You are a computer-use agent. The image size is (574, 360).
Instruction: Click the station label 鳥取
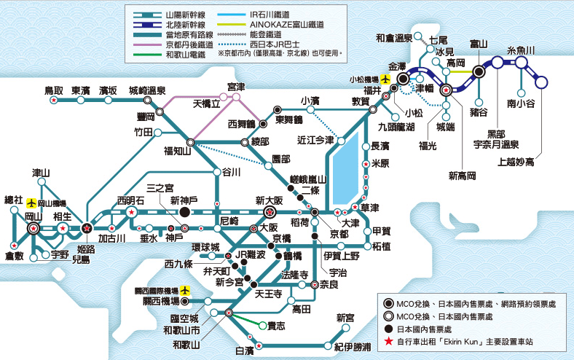coord(53,90)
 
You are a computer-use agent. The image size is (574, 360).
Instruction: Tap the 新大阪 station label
coord(269,199)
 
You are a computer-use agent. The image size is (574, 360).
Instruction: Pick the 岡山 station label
coord(34,216)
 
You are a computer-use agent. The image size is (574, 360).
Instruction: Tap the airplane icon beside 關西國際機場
coord(185,289)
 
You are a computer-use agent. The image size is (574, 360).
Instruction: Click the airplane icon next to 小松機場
coord(385,78)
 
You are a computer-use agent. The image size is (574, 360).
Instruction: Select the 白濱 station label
coord(245,351)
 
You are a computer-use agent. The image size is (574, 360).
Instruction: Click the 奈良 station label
coord(329,285)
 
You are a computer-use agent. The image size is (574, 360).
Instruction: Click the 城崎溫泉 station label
coord(148,90)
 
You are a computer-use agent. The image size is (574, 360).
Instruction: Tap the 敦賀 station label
coord(361,101)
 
